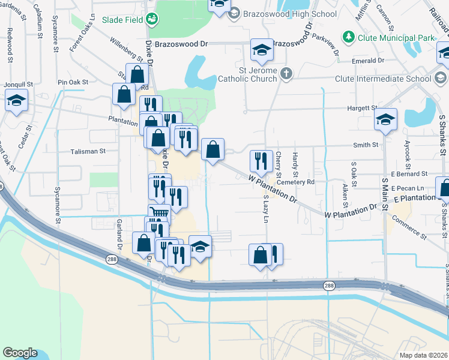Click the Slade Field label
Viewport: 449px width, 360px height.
coord(122,20)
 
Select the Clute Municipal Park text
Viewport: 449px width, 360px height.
coord(396,37)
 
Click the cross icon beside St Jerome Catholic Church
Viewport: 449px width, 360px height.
coord(287,74)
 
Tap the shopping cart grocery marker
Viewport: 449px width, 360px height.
coord(158,213)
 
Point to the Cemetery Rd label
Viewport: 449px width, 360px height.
coord(295,182)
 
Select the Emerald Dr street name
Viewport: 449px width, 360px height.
coord(369,61)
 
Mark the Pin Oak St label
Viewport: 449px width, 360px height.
coord(73,82)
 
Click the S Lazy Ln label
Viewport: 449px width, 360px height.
coord(265,208)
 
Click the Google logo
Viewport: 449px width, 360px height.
coord(20,353)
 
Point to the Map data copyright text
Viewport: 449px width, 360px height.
coord(423,355)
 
